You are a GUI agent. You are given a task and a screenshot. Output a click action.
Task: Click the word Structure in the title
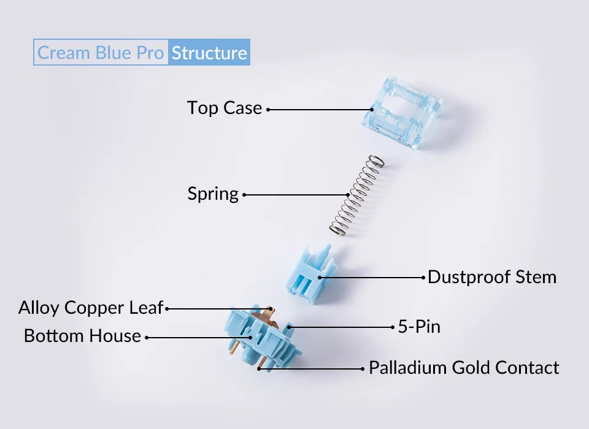pyautogui.click(x=209, y=53)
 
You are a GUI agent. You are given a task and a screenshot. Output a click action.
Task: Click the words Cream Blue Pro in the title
pyautogui.click(x=101, y=53)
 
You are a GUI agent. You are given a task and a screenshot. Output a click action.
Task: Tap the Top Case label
pyautogui.click(x=225, y=108)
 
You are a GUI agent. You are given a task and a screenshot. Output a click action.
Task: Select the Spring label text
pyautogui.click(x=213, y=194)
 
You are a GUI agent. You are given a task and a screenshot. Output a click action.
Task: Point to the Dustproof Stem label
pyautogui.click(x=492, y=277)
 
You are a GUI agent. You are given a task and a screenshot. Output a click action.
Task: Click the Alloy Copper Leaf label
pyautogui.click(x=91, y=308)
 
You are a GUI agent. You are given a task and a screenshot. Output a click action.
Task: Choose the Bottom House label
pyautogui.click(x=82, y=336)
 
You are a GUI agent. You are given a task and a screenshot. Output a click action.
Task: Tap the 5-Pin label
pyautogui.click(x=419, y=327)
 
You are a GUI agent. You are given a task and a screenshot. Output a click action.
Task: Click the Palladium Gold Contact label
pyautogui.click(x=464, y=368)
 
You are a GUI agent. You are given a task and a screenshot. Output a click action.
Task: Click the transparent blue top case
pyautogui.click(x=402, y=112)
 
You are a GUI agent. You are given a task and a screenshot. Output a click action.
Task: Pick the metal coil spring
pyautogui.click(x=356, y=195)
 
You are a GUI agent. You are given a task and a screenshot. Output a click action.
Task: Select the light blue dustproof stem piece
pyautogui.click(x=312, y=275)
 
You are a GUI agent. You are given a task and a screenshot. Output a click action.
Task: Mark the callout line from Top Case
pyautogui.click(x=320, y=110)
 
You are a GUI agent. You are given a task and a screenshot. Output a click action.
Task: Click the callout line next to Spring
pyautogui.click(x=296, y=195)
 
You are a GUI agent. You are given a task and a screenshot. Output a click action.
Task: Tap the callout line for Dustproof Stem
pyautogui.click(x=372, y=278)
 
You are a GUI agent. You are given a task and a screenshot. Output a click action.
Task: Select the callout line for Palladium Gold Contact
pyautogui.click(x=310, y=369)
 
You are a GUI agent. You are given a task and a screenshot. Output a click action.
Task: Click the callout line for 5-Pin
pyautogui.click(x=341, y=327)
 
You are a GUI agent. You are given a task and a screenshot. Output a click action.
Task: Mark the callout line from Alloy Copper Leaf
pyautogui.click(x=218, y=309)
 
